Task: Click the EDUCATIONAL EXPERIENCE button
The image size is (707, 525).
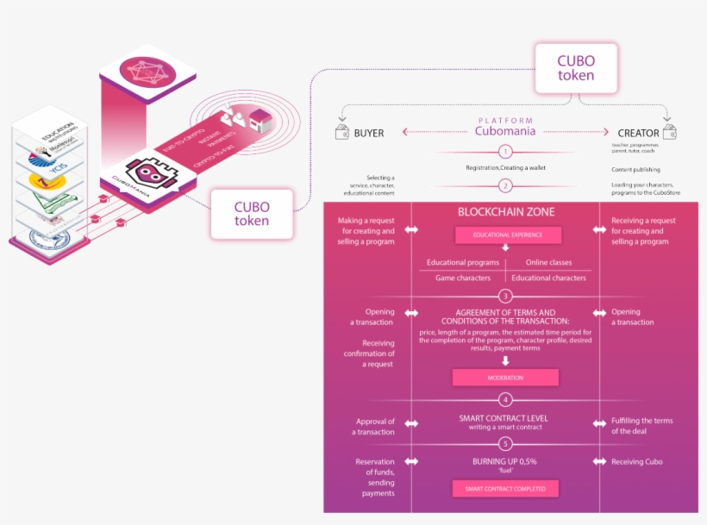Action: click(508, 235)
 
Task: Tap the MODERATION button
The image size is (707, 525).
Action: click(505, 378)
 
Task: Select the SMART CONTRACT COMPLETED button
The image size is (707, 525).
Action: click(505, 489)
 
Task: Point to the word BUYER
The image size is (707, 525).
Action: click(368, 134)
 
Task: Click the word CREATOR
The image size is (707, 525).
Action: click(638, 134)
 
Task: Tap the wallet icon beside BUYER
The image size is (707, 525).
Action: click(341, 133)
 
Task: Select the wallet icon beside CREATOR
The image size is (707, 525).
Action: click(669, 133)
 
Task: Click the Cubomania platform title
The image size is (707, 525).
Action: click(504, 131)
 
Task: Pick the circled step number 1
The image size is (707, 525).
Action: click(505, 151)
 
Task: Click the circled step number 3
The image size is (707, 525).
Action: click(505, 297)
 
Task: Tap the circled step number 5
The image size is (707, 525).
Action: click(505, 444)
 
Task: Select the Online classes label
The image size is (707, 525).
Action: click(548, 262)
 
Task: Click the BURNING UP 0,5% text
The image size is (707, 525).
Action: click(505, 461)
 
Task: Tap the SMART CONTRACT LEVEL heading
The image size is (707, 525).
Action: click(504, 418)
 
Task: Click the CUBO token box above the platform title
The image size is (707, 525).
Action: click(575, 68)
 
